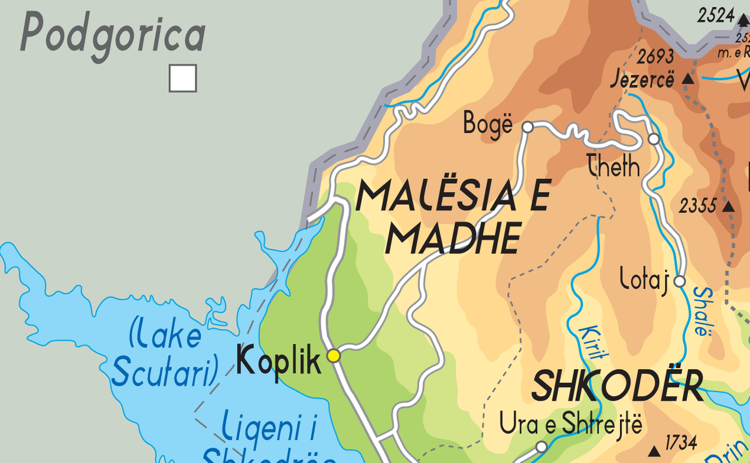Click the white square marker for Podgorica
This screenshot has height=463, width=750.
coord(182,79)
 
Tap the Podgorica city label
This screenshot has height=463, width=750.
coord(112,34)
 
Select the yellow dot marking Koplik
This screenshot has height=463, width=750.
coord(334,355)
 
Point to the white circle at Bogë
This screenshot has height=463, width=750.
coord(528,126)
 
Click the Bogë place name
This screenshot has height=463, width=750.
coord(488,124)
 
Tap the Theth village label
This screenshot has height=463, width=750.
coord(614,167)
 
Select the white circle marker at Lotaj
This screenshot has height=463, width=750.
coord(679,281)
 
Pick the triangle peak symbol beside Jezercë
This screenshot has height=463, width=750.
coord(687,79)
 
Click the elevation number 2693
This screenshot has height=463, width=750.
coord(656,57)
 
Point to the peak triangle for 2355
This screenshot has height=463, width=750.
coord(728,207)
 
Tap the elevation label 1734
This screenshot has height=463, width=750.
coord(681,442)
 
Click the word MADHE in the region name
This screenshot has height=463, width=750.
coord(453,237)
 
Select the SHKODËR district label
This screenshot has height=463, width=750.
coord(617,386)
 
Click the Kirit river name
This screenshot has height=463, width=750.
coord(594,343)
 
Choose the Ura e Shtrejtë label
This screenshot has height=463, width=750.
coord(570,424)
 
